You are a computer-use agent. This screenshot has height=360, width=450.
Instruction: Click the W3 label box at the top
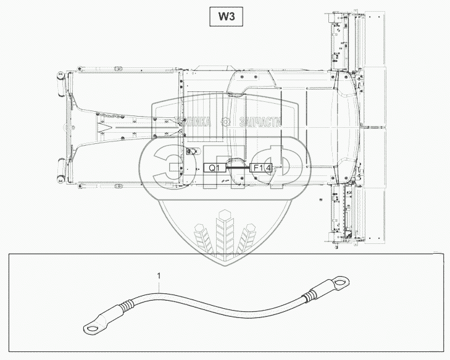tap(225, 17)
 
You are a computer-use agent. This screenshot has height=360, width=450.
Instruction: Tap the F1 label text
tap(256, 167)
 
